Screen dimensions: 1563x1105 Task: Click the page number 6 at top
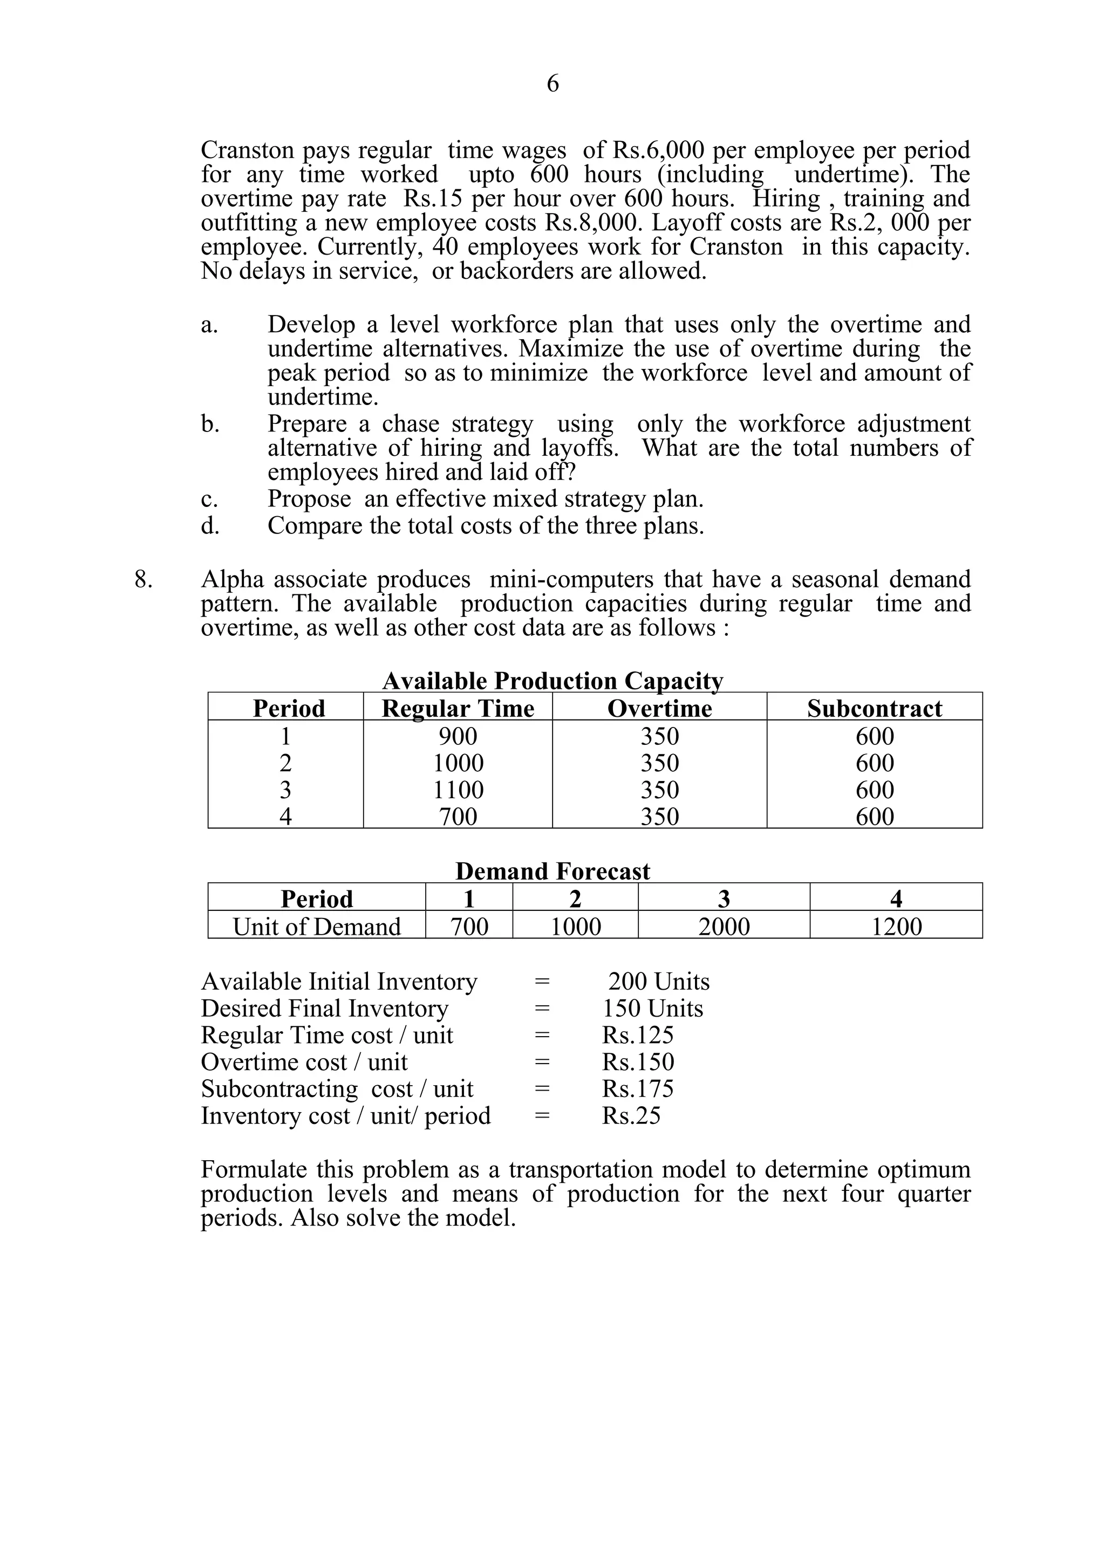pos(552,84)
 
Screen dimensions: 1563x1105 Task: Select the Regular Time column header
pos(458,709)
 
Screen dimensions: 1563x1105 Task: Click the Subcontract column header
pos(874,709)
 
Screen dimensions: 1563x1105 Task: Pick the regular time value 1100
pos(458,790)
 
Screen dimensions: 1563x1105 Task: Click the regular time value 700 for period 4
pos(458,816)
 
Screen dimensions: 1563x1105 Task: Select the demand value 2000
pos(724,927)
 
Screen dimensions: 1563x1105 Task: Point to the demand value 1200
pos(896,927)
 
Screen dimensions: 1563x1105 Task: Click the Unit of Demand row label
pos(317,927)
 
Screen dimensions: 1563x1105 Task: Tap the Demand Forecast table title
pos(552,872)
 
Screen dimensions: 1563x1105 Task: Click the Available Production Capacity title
pos(552,681)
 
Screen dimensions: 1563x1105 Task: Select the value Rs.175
pos(637,1088)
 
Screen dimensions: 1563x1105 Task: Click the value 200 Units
pos(658,982)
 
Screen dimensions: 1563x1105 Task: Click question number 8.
pos(143,580)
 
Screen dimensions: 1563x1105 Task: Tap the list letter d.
pos(210,525)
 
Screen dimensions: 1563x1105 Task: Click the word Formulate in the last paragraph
pos(253,1169)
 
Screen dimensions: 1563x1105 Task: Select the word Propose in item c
pos(309,499)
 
